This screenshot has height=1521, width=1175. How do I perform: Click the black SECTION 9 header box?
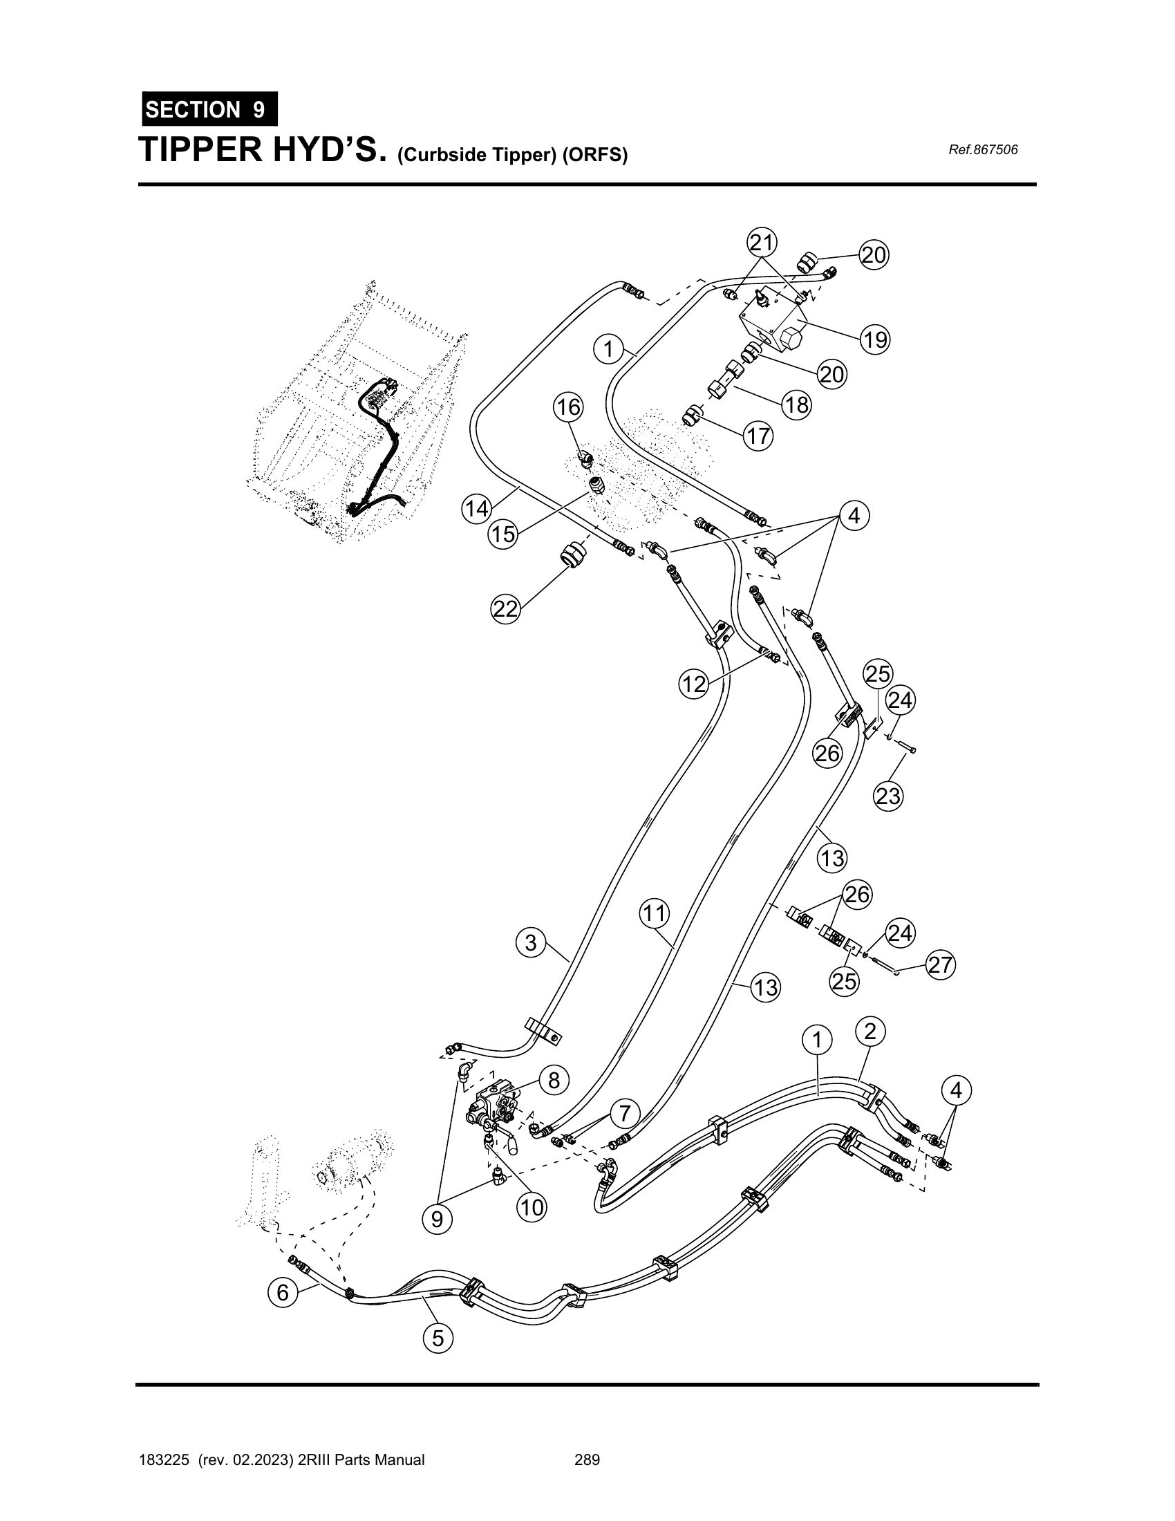(209, 109)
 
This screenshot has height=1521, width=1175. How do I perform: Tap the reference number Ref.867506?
(983, 150)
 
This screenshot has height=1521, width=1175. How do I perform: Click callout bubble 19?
(875, 339)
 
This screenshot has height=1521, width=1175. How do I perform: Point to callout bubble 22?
(506, 609)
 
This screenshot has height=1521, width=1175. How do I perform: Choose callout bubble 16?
(569, 407)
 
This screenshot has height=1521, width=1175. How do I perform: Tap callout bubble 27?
(941, 965)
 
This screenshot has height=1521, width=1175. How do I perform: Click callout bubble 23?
(888, 795)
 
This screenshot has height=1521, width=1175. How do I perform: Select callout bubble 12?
(694, 684)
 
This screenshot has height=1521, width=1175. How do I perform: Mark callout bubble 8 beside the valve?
(554, 1080)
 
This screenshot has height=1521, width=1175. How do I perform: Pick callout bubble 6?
(283, 1293)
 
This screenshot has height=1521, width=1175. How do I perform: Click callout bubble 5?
(438, 1338)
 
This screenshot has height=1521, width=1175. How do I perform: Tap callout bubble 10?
(532, 1207)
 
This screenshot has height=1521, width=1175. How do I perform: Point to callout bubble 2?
(870, 1032)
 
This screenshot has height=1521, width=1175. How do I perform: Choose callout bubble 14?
(477, 509)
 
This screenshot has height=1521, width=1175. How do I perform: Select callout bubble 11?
(655, 913)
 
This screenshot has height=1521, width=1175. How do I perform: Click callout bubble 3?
(531, 943)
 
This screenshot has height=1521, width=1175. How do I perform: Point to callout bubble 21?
(762, 243)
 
